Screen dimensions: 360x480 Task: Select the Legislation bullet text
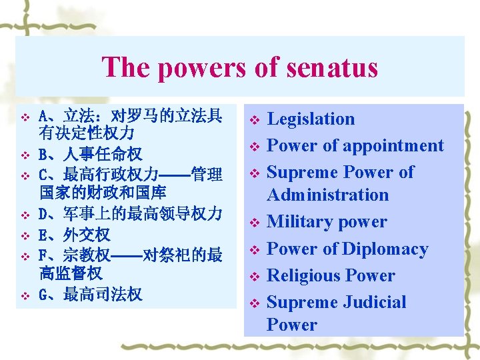pos(311,119)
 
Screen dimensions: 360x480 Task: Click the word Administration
pos(327,195)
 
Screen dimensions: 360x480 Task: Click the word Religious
pos(303,276)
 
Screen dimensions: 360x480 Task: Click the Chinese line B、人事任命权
pos(90,155)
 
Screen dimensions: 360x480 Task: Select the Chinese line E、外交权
pos(74,235)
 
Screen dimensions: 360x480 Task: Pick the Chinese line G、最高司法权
pos(90,294)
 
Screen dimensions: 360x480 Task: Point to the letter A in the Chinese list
pos(43,115)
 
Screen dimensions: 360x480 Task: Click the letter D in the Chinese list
pos(43,215)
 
